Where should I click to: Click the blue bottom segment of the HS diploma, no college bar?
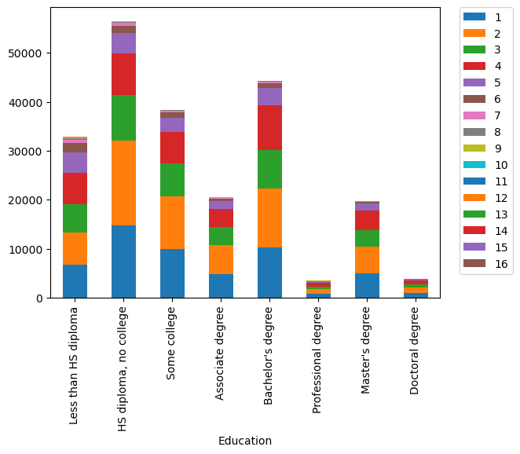tap(123, 262)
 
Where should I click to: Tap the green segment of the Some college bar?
tap(172, 180)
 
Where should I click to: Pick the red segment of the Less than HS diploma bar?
tap(75, 189)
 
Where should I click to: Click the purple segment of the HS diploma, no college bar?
tap(123, 43)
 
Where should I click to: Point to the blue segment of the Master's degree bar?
tap(367, 285)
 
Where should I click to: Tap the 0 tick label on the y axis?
tap(39, 298)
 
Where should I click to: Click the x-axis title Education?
tap(245, 441)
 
